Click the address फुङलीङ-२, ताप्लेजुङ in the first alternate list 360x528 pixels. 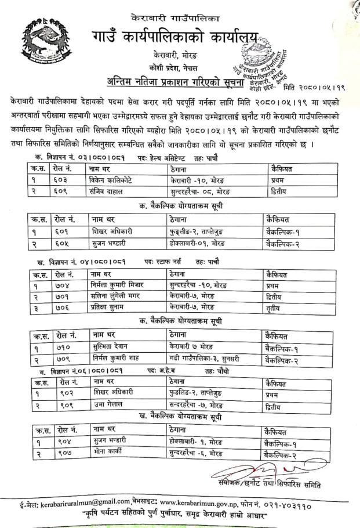pyautogui.click(x=202, y=232)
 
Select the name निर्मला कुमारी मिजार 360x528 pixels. pyautogui.click(x=119, y=285)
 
